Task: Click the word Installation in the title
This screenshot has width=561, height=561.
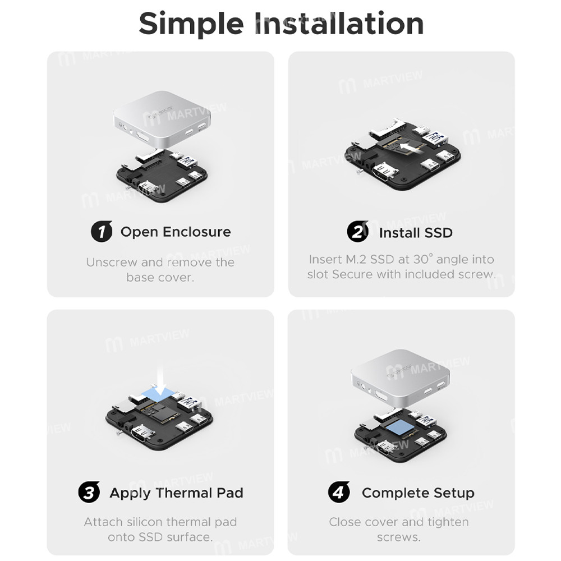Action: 340,24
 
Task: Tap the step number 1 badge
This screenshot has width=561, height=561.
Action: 102,232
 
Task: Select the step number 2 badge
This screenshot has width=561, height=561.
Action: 357,232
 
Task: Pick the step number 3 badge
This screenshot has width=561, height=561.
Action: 89,493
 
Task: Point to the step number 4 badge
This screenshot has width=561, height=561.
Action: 339,493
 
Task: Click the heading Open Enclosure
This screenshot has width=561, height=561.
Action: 176,232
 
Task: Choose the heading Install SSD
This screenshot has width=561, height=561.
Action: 416,232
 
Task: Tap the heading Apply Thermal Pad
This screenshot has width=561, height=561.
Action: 176,493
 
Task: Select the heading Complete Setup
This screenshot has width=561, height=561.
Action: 418,493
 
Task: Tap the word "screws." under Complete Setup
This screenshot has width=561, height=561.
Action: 398,537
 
